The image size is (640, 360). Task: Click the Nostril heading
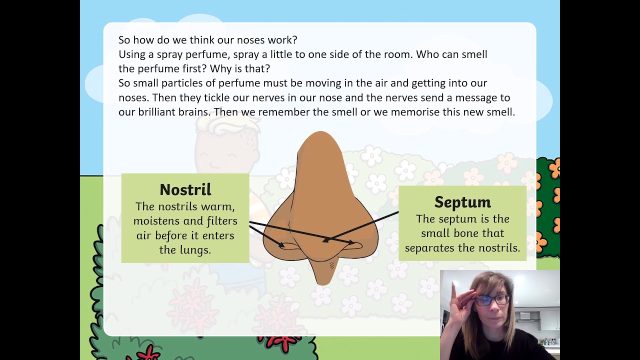(x=185, y=189)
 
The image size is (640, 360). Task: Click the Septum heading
(x=462, y=202)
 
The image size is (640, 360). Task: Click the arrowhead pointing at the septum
(x=325, y=240)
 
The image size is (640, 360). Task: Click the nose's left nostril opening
(x=288, y=245)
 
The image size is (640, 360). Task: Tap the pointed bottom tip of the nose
(x=322, y=281)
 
